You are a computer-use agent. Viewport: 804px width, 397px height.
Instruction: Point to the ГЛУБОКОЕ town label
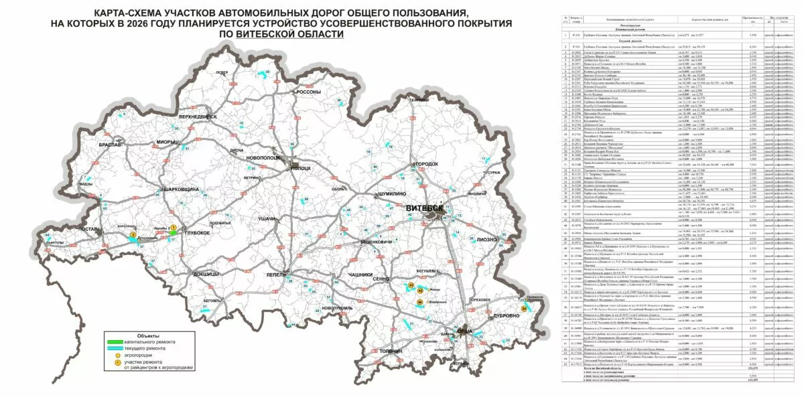click(x=192, y=232)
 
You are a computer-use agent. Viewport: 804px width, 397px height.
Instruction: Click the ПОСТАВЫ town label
click(x=89, y=229)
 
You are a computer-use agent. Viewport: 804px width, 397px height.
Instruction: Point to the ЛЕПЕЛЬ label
click(x=276, y=274)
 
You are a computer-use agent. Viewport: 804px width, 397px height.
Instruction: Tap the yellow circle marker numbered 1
click(x=173, y=228)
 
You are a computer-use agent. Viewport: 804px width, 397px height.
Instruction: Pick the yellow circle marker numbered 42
click(x=420, y=291)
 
